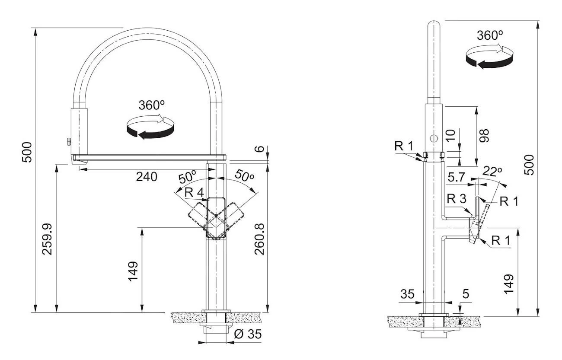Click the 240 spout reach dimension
click(147, 176)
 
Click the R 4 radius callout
click(194, 193)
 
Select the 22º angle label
click(492, 171)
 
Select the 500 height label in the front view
click(27, 152)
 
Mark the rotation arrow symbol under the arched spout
click(150, 127)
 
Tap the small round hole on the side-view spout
click(434, 138)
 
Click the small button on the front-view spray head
click(67, 141)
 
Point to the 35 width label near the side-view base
click(407, 294)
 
